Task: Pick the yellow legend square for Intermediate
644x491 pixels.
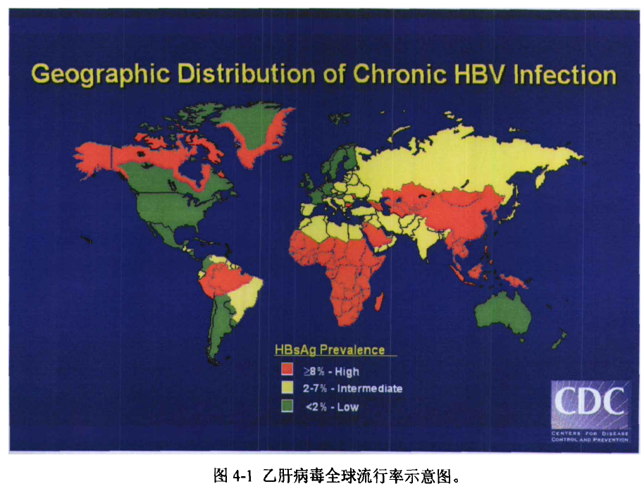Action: (287, 388)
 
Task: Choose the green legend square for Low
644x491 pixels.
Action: (287, 406)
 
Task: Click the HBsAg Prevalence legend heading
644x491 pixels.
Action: (330, 350)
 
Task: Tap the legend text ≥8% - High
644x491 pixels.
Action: (330, 371)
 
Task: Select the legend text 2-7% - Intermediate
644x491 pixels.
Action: (352, 389)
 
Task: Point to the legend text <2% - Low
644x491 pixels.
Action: (331, 407)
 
